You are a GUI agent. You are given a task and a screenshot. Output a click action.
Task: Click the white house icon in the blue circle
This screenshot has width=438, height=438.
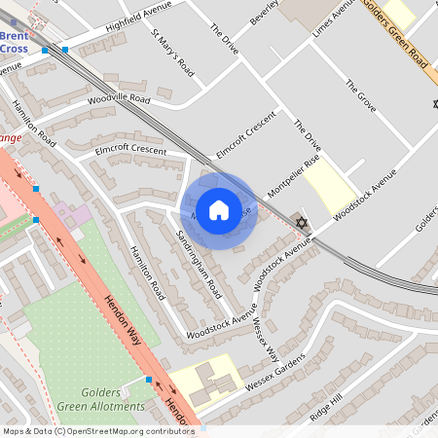tap(219, 209)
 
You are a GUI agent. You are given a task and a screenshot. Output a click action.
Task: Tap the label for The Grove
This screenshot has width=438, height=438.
tap(360, 95)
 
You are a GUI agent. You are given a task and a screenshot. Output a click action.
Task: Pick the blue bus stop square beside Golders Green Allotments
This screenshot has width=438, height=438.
tap(148, 380)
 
